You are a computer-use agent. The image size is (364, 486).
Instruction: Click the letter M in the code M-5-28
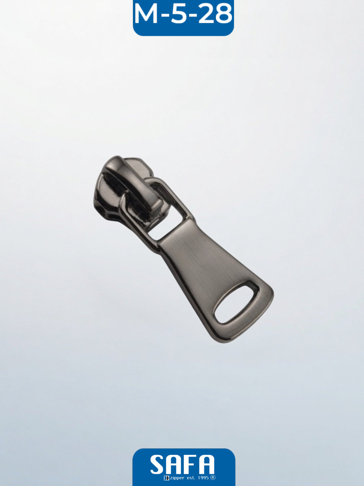pos(146,14)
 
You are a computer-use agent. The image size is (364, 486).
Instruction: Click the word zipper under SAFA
pos(177,478)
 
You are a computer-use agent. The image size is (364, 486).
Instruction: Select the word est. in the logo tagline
pos(191,478)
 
